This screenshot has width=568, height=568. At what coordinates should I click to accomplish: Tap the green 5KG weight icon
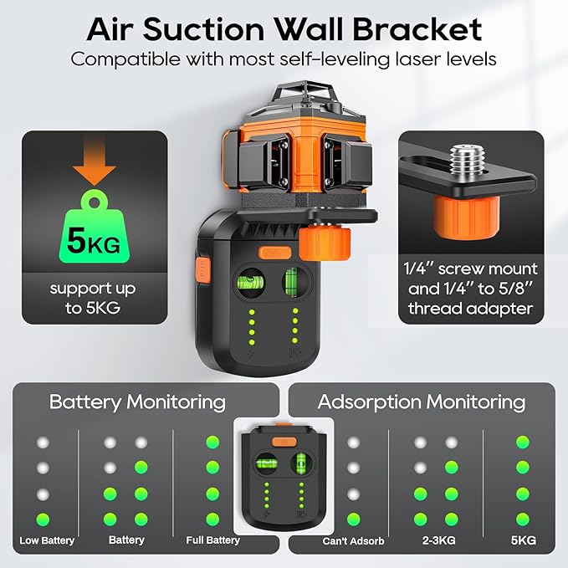94,232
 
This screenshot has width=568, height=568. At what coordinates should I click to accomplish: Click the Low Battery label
47,540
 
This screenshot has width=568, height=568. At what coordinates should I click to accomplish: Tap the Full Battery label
212,540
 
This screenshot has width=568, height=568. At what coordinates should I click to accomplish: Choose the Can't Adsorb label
352,540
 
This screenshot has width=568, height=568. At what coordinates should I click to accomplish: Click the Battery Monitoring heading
137,402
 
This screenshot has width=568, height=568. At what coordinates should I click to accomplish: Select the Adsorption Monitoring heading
421,402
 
